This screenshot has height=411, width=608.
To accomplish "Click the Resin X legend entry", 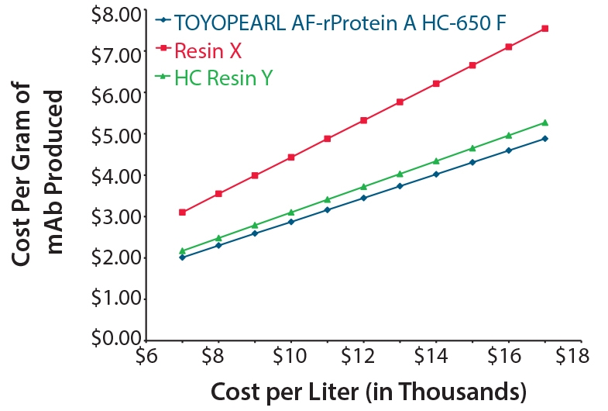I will (x=208, y=51).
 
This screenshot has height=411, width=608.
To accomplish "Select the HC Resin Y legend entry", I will (x=223, y=77).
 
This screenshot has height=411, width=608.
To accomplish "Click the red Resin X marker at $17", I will (x=545, y=29).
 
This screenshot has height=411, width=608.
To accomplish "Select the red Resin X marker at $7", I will (x=182, y=212).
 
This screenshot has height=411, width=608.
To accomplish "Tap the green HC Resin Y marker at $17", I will (x=545, y=123).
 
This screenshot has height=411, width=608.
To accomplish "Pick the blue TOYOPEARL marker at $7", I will (x=182, y=257).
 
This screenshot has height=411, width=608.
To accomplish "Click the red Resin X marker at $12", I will (x=363, y=120).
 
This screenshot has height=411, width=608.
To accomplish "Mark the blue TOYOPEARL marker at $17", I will (x=545, y=139).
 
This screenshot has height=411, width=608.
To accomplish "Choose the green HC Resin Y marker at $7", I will (x=182, y=250).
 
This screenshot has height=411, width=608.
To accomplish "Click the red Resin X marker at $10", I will (x=290, y=157).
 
